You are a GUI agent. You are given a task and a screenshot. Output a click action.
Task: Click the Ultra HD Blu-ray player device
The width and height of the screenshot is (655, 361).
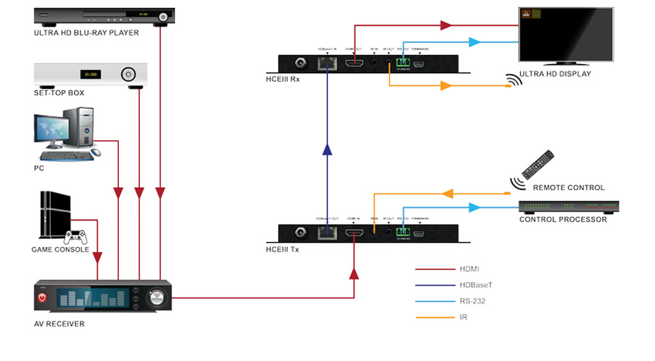104,16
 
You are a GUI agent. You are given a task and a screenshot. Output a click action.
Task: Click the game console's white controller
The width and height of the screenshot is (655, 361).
76,237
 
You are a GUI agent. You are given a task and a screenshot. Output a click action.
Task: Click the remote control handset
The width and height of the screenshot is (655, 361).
538,164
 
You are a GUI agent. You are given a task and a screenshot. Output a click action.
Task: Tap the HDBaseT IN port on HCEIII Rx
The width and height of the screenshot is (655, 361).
327,63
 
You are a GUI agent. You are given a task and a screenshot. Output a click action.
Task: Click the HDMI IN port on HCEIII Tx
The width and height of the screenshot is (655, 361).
353,233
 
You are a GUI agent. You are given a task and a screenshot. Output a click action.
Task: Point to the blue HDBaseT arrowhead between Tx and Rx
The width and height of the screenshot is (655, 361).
327,150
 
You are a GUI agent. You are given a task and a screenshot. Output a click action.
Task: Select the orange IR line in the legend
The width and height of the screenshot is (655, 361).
434,317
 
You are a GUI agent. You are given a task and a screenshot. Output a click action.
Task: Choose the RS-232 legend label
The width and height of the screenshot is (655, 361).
471,301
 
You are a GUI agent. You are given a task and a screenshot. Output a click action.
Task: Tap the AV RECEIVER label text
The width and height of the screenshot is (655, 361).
59,324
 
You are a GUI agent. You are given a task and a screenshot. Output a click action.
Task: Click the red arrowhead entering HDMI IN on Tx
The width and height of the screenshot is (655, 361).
354,273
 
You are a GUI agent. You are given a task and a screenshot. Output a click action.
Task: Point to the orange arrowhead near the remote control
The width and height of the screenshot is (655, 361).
448,193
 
